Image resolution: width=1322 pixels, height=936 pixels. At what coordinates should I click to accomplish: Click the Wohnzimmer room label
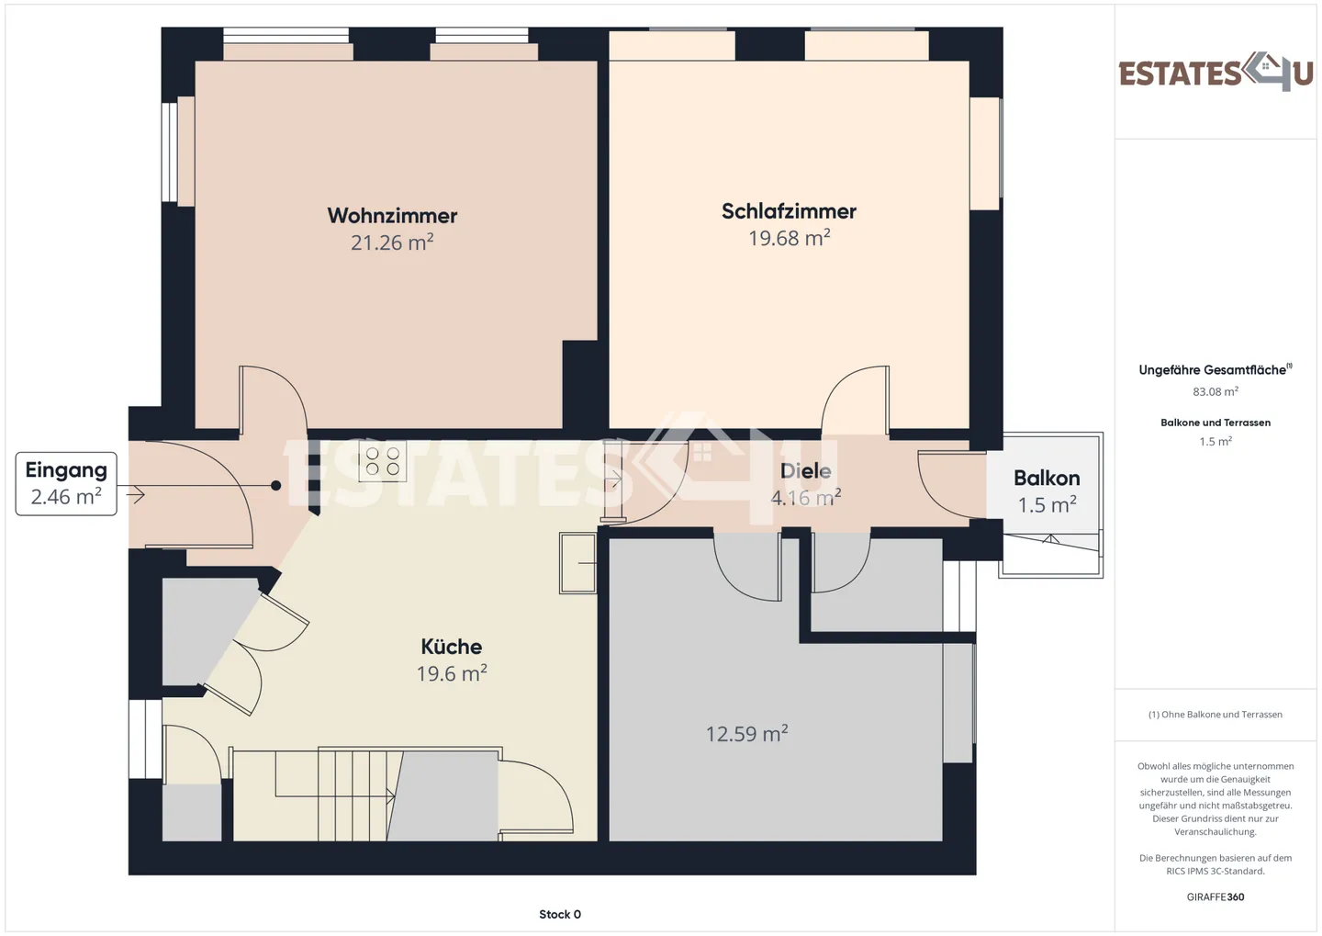click(x=392, y=216)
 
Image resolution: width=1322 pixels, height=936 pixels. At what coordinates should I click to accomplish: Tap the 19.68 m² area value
click(x=790, y=238)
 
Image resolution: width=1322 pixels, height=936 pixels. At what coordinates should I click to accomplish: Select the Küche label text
click(x=452, y=646)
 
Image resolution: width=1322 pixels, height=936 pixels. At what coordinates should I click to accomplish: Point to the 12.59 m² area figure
click(x=746, y=733)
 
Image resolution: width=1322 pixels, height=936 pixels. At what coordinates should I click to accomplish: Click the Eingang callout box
click(x=66, y=484)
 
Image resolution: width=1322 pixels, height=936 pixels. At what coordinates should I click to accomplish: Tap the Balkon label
click(x=1047, y=478)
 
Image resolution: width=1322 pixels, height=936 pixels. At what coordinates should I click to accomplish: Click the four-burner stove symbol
click(x=383, y=461)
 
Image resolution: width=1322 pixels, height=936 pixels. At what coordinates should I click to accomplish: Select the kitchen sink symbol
click(x=577, y=563)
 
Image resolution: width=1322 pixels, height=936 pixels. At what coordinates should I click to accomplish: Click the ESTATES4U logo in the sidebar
click(x=1216, y=72)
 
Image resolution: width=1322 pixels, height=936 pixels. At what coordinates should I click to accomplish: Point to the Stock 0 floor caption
click(x=560, y=914)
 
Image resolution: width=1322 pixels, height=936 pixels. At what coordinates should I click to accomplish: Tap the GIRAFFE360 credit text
click(x=1216, y=897)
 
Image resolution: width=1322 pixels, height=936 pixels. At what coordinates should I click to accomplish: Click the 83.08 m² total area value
click(x=1216, y=391)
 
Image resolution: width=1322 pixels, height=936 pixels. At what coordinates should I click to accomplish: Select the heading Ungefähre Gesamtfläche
click(x=1212, y=370)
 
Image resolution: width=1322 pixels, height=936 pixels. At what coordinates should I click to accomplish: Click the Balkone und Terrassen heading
click(x=1216, y=423)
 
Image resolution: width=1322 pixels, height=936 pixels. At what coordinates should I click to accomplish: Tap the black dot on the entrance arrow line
click(x=275, y=485)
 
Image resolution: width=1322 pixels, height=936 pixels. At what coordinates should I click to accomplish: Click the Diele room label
click(x=806, y=470)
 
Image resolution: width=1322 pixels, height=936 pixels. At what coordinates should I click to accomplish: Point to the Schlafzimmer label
click(x=790, y=211)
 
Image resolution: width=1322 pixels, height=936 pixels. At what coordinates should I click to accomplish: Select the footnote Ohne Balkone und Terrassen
click(x=1216, y=714)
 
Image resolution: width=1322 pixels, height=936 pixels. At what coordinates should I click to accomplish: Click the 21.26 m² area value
click(x=392, y=242)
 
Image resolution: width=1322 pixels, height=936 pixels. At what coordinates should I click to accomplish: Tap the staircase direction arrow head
click(x=391, y=796)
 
